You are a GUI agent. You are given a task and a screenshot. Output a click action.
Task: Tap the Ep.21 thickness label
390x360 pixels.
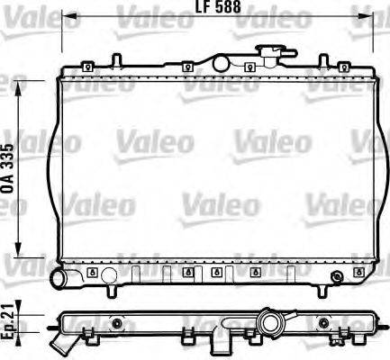(9, 319)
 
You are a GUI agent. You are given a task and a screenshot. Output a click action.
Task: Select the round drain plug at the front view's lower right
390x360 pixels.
(337, 275)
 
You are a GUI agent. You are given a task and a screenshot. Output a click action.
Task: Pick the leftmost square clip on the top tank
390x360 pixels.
(86, 66)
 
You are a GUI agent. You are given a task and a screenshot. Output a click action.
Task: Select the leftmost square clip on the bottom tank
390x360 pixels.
(93, 272)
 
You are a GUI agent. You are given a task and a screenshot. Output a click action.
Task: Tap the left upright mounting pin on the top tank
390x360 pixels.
(115, 60)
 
